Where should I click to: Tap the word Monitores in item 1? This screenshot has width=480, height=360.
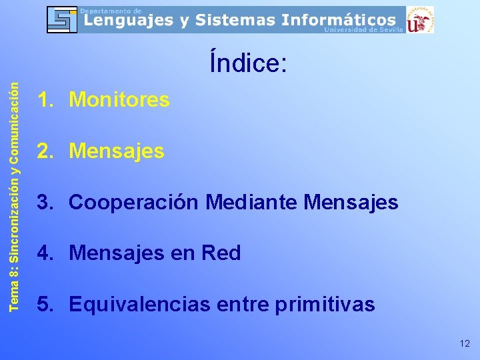(119, 100)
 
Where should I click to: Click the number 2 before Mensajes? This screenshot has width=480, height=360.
(44, 151)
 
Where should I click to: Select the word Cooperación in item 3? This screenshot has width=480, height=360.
(134, 202)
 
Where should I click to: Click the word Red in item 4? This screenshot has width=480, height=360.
(221, 253)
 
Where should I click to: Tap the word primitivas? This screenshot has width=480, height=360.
(323, 305)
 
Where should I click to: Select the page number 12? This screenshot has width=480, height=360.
(465, 343)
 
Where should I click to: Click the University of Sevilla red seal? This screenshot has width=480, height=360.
(420, 20)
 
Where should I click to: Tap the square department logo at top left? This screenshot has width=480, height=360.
(62, 19)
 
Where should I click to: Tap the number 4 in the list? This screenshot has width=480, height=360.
(44, 253)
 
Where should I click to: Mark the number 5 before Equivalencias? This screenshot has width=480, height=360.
(44, 305)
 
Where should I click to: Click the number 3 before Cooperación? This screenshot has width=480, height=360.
(44, 202)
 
